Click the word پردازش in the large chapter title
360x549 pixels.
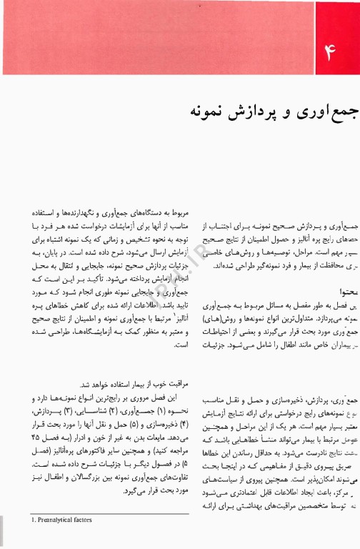[x=243, y=112]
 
